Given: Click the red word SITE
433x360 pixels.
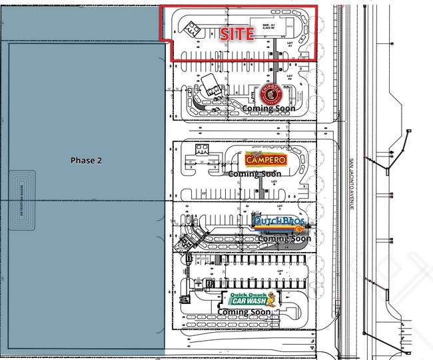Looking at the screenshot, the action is pyautogui.click(x=236, y=34).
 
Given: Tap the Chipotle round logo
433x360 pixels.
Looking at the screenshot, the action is pyautogui.click(x=268, y=94).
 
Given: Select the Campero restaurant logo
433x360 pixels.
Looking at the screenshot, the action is pyautogui.click(x=266, y=159).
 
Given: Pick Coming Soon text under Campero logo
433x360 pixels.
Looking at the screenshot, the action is pyautogui.click(x=254, y=174).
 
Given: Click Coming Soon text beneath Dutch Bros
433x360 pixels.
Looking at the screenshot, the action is pyautogui.click(x=284, y=238).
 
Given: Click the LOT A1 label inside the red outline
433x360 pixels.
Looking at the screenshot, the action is pyautogui.click(x=290, y=44).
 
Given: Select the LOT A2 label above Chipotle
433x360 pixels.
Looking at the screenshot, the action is pyautogui.click(x=289, y=77).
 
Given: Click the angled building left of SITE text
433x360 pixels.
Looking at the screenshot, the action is pyautogui.click(x=193, y=29).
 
